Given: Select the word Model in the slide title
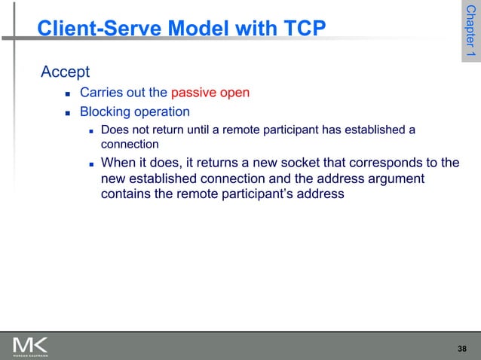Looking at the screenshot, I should (195, 29).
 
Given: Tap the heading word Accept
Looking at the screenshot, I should (65, 72).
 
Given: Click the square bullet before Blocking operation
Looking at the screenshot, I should (67, 113).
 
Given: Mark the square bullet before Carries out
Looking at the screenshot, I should (67, 94).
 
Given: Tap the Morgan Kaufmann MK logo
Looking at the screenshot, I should (30, 346).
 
